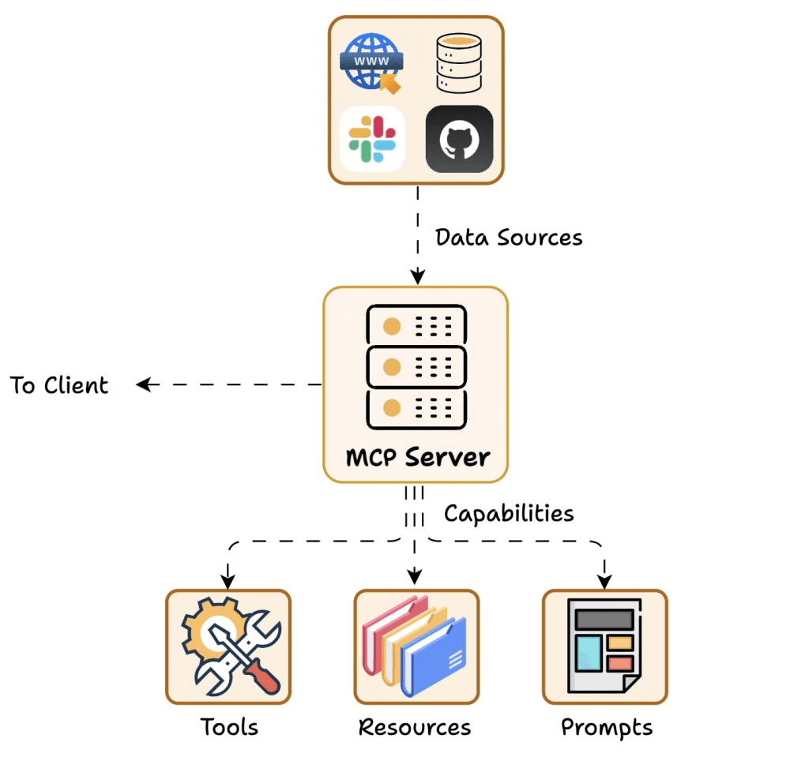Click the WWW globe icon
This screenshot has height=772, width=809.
coord(372,62)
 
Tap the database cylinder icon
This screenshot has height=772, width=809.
coord(460,62)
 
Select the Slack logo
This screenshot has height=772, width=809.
coord(372,139)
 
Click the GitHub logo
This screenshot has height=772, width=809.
coord(460,139)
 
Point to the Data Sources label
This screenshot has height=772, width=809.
coord(509,237)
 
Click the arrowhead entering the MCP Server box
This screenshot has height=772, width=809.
coord(416,277)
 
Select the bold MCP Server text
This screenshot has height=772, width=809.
coord(417,456)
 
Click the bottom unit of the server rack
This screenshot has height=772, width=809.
coord(417,408)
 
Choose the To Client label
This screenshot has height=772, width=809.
coord(59,385)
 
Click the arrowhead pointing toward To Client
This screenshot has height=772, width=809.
coord(144,384)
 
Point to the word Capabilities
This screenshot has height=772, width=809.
coord(509,513)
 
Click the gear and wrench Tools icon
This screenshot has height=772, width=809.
coord(229,646)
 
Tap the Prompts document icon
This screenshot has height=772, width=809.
coord(604,646)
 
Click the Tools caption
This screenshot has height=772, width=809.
coord(229,726)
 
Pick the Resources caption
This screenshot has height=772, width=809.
coord(415,726)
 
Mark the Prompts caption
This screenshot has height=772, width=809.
coord(607,727)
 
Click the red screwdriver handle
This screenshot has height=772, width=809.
coord(261,673)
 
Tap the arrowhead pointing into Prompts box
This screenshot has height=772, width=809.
coord(604,582)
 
